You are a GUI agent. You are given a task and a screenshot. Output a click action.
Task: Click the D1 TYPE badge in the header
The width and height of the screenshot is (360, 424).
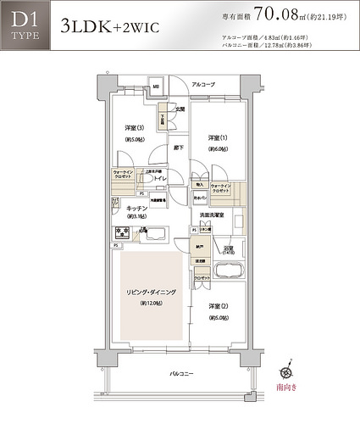coord(24,25)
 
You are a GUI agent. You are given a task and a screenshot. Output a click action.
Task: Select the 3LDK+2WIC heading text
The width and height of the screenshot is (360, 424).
coord(108,25)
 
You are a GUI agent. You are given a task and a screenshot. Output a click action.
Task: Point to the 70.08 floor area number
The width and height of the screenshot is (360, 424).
coord(276,14)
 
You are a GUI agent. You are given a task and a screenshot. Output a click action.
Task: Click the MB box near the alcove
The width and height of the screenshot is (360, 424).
coord(157,86)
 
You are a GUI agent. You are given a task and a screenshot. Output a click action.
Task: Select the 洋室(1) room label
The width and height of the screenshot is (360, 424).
coord(219,137)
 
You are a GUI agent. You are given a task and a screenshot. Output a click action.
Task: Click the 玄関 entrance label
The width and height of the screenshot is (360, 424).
coord(180,109)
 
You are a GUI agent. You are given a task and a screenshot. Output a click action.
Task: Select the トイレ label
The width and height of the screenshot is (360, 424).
coord(161,180)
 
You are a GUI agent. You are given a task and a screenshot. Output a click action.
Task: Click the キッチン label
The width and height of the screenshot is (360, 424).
coord(137,208)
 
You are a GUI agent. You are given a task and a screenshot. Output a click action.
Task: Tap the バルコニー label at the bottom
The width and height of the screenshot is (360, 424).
coord(181,373)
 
